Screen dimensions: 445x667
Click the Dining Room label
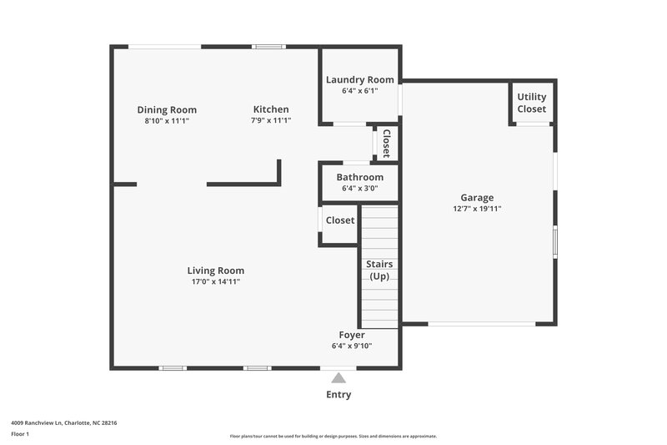167,109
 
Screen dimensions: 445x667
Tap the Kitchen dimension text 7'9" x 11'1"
271,120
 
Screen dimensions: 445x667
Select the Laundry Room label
359,80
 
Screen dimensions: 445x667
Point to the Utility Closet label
532,103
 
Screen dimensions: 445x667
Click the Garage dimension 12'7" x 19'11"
478,209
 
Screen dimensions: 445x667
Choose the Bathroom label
359,177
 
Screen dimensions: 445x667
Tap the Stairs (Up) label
379,270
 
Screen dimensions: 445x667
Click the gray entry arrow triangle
339,377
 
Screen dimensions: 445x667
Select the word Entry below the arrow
339,395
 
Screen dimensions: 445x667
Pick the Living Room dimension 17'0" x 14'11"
215,281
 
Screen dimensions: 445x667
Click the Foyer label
351,335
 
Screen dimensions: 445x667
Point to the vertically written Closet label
386,144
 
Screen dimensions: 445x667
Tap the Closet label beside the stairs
339,220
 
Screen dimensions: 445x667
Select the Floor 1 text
20,434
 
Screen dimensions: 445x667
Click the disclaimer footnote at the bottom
333,436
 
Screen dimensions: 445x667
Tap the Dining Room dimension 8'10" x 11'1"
167,120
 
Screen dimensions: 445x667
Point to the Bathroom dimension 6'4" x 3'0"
359,188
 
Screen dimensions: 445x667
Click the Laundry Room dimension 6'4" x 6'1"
359,91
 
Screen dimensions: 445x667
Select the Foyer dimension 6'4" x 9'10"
351,346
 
